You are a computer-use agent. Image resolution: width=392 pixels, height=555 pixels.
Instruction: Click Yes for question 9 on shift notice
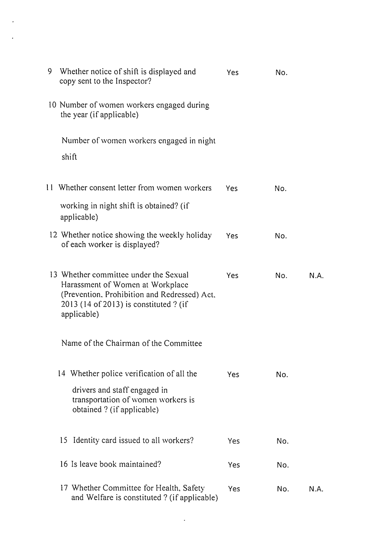click(x=232, y=73)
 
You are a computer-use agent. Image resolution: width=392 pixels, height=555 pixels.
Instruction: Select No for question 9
click(x=281, y=73)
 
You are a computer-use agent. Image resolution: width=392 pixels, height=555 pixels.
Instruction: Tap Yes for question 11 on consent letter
click(x=232, y=189)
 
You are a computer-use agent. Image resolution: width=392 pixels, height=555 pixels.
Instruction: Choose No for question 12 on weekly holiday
click(x=281, y=236)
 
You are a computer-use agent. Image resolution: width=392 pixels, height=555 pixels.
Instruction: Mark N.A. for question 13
click(x=316, y=276)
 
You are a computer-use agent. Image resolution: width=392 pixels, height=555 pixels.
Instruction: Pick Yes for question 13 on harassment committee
click(x=232, y=276)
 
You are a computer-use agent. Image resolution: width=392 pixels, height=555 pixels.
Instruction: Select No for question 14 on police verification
click(x=282, y=375)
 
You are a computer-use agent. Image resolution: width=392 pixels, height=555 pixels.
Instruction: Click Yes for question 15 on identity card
click(x=234, y=441)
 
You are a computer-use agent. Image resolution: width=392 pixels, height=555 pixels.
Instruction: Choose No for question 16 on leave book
click(x=283, y=465)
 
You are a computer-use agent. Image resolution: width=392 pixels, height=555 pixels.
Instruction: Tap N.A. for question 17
click(x=316, y=489)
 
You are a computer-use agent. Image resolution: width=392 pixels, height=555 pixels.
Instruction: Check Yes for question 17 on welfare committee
click(x=234, y=489)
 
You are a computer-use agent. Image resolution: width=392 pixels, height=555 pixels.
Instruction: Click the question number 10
click(x=53, y=105)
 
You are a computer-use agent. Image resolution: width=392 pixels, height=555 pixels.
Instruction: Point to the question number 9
click(x=50, y=71)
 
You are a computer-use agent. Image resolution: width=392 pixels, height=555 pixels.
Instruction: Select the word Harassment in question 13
click(x=80, y=284)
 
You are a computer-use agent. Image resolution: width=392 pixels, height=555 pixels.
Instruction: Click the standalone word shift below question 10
click(x=69, y=157)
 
